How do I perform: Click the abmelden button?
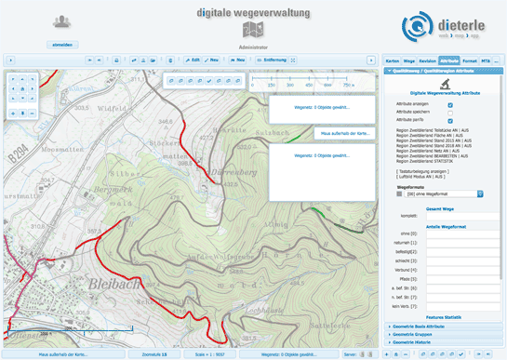[x=62, y=44]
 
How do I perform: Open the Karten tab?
[x=392, y=60]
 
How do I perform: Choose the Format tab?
[x=470, y=60]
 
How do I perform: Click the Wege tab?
[x=408, y=60]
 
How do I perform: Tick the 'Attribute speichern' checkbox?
[x=450, y=112]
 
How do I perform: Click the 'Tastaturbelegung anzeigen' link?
[x=428, y=171]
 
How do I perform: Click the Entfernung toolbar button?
[x=272, y=60]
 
